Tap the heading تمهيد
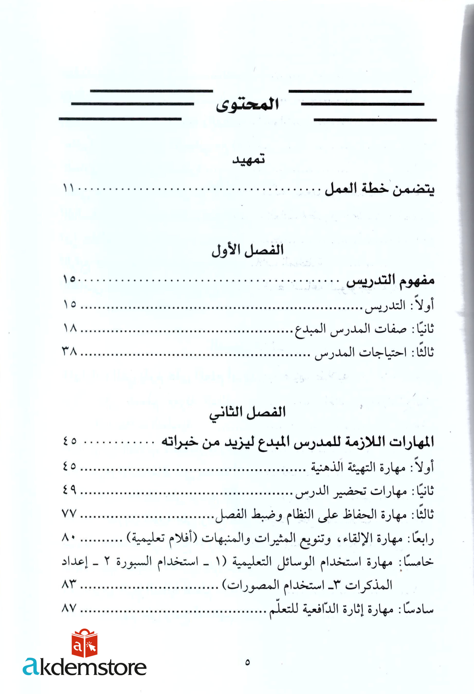coord(248,159)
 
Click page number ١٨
coord(70,329)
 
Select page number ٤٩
coord(70,490)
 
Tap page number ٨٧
coord(70,608)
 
